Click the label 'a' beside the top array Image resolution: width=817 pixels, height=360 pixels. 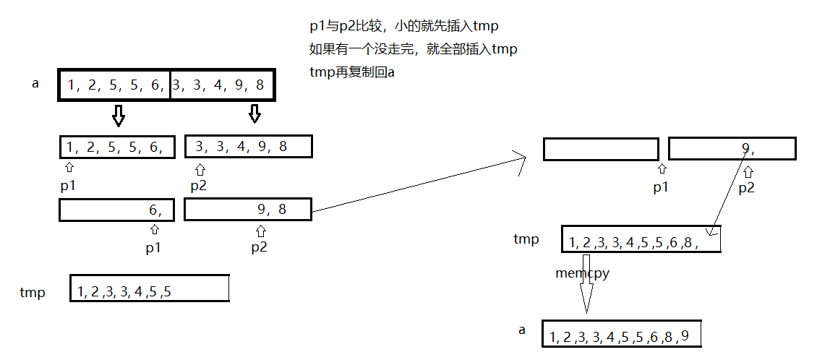pos(35,84)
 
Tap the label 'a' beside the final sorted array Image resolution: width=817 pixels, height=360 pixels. pos(522,330)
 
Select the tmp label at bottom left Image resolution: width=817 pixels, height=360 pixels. pos(33,292)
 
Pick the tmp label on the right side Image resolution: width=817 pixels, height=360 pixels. pos(526,239)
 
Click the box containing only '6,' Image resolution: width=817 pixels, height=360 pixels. pos(116,210)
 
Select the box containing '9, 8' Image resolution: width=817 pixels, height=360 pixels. pos(248,210)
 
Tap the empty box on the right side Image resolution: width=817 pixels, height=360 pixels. pos(601,150)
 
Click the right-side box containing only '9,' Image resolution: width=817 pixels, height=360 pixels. pos(732,149)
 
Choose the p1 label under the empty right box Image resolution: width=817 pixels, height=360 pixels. pos(660,187)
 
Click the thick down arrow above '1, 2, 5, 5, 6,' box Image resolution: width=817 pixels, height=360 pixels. pos(119,115)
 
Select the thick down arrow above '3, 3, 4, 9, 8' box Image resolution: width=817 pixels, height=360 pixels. pos(254,113)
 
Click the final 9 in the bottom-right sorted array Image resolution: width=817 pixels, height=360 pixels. pos(685,335)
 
